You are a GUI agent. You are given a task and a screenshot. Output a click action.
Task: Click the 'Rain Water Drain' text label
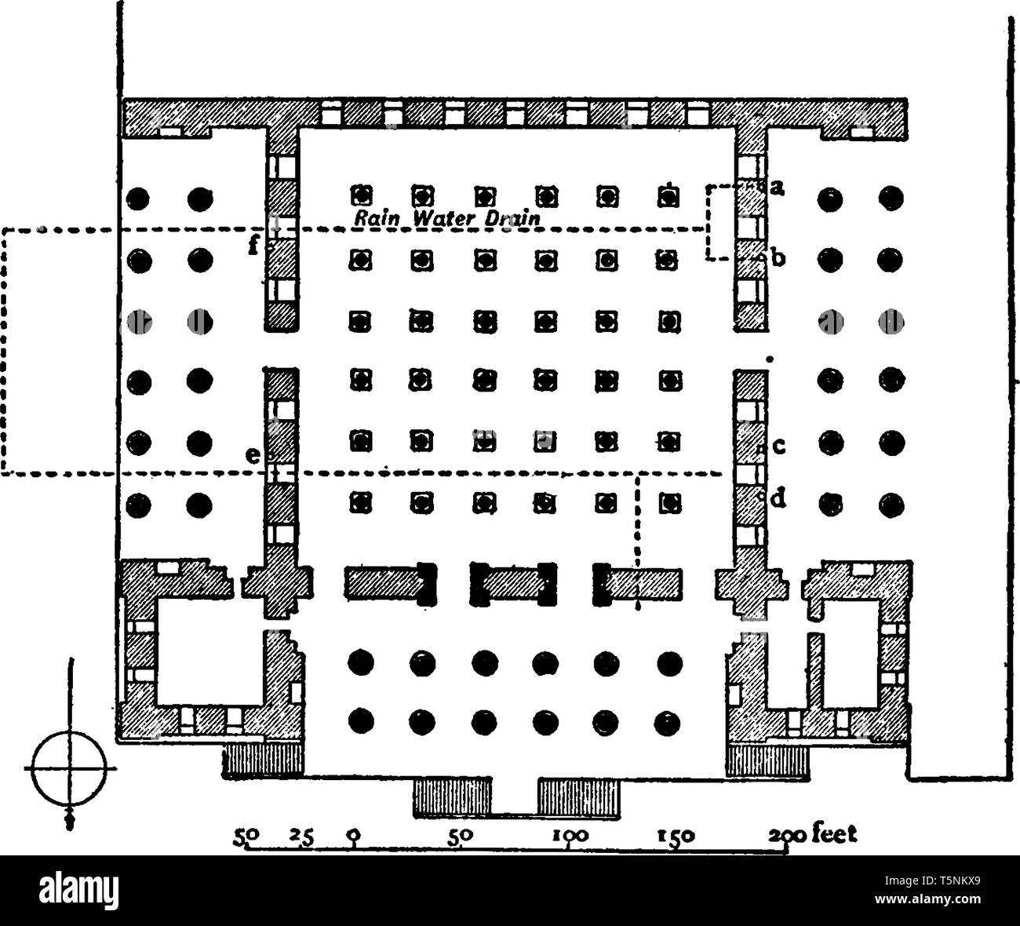(447, 218)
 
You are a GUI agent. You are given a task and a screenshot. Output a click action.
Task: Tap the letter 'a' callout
(778, 188)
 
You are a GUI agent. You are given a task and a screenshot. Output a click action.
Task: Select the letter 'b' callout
(778, 259)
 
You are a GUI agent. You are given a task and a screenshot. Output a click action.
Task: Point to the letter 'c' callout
(778, 447)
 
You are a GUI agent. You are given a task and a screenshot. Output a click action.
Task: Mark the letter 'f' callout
(253, 246)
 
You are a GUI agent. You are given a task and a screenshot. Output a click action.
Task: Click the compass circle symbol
(69, 768)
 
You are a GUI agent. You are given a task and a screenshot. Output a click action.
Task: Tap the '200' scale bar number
(788, 836)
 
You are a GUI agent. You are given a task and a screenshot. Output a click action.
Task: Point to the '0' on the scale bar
(354, 836)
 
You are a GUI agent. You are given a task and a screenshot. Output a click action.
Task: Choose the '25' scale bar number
(302, 836)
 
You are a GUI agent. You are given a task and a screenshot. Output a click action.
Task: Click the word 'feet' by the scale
(834, 834)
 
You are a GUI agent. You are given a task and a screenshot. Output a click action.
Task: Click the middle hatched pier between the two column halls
(513, 585)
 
